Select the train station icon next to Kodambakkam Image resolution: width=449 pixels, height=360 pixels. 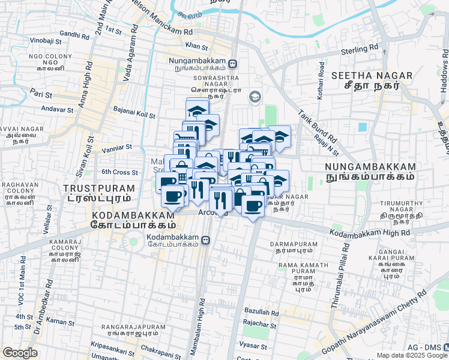tap(206, 240)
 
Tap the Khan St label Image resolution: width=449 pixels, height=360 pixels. tap(196, 46)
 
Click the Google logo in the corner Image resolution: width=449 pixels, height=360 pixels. tap(20, 353)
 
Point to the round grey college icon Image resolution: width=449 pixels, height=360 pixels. tap(255, 97)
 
